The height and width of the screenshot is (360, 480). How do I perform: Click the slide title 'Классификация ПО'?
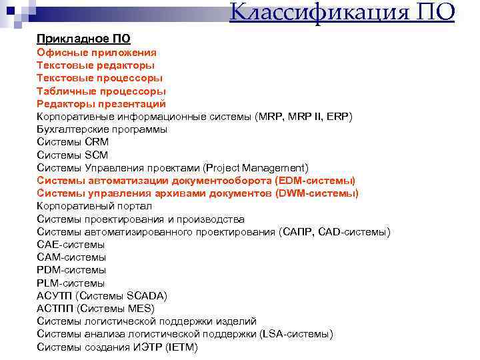(x=342, y=12)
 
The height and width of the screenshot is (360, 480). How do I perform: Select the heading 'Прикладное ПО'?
(x=83, y=39)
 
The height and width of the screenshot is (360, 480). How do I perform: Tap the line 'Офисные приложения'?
(x=97, y=52)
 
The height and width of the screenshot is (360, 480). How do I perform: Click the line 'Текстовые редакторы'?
(x=95, y=65)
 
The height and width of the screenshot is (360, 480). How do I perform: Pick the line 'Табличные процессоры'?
(x=101, y=91)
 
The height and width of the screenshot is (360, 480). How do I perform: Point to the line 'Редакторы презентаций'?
(x=101, y=104)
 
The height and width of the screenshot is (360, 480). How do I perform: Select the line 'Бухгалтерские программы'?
(x=102, y=129)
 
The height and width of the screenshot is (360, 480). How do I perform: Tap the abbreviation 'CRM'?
(x=97, y=142)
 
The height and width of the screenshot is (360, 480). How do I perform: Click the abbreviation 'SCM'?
(x=97, y=155)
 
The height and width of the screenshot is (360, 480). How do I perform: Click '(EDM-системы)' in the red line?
(x=315, y=181)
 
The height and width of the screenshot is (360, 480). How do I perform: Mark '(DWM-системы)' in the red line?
(x=317, y=193)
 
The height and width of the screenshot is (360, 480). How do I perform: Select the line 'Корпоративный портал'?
(x=94, y=207)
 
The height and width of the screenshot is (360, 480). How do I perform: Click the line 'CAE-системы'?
(x=71, y=245)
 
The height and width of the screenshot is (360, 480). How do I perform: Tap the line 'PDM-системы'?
(x=71, y=270)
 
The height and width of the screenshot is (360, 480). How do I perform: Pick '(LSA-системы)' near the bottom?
(x=296, y=334)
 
